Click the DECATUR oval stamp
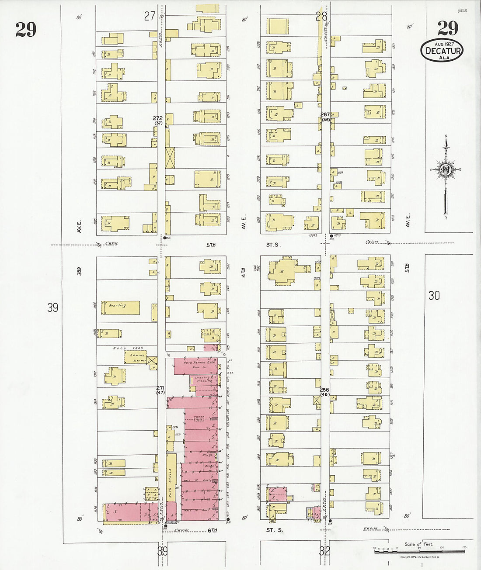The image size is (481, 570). (x=442, y=51)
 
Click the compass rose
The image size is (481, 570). (x=446, y=169)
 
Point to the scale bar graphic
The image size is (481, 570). (x=420, y=551)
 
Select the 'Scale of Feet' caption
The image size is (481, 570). (x=418, y=544)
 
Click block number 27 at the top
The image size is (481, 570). (x=150, y=16)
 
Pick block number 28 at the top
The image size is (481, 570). (x=321, y=16)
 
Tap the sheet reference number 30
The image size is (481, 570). (x=434, y=296)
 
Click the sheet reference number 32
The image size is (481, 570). (x=324, y=551)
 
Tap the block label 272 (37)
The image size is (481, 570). (x=158, y=121)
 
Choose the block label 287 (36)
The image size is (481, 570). (x=325, y=117)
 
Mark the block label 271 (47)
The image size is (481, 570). (x=160, y=390)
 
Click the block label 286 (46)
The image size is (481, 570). (x=324, y=392)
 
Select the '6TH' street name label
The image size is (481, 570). (x=212, y=530)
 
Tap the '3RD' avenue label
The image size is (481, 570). (x=79, y=271)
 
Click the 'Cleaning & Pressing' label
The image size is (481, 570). (x=204, y=379)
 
